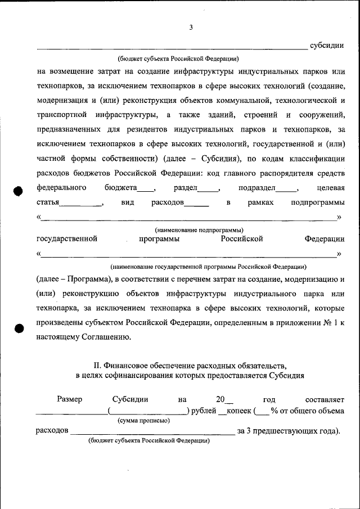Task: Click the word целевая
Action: [331, 187]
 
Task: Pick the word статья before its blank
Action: [48, 202]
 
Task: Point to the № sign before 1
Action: [322, 323]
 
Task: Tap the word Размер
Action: [70, 399]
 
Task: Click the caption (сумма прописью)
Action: [143, 421]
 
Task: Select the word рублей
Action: [204, 411]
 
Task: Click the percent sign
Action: [274, 411]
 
